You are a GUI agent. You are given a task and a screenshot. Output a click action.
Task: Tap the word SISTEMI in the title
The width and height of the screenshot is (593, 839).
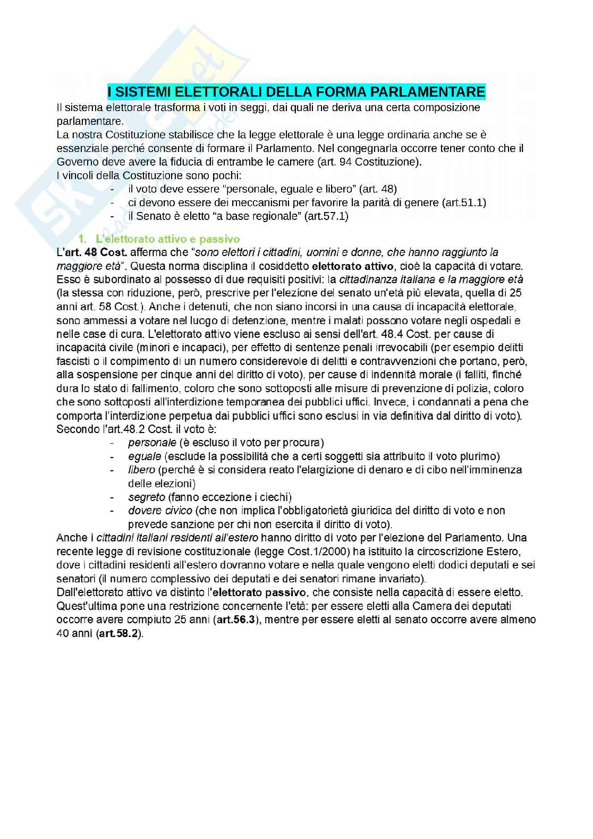coord(140,92)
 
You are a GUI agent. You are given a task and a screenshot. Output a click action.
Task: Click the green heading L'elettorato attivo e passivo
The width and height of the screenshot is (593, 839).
coord(167,239)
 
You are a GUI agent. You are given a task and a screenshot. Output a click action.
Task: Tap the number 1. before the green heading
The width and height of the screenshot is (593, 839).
coord(82,239)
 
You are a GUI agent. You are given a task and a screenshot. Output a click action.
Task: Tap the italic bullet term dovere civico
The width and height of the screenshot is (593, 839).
coord(160,511)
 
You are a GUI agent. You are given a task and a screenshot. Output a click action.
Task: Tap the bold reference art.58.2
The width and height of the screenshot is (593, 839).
coord(120,633)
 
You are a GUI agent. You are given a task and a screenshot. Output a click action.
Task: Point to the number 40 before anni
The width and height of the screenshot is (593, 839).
coord(63,633)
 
